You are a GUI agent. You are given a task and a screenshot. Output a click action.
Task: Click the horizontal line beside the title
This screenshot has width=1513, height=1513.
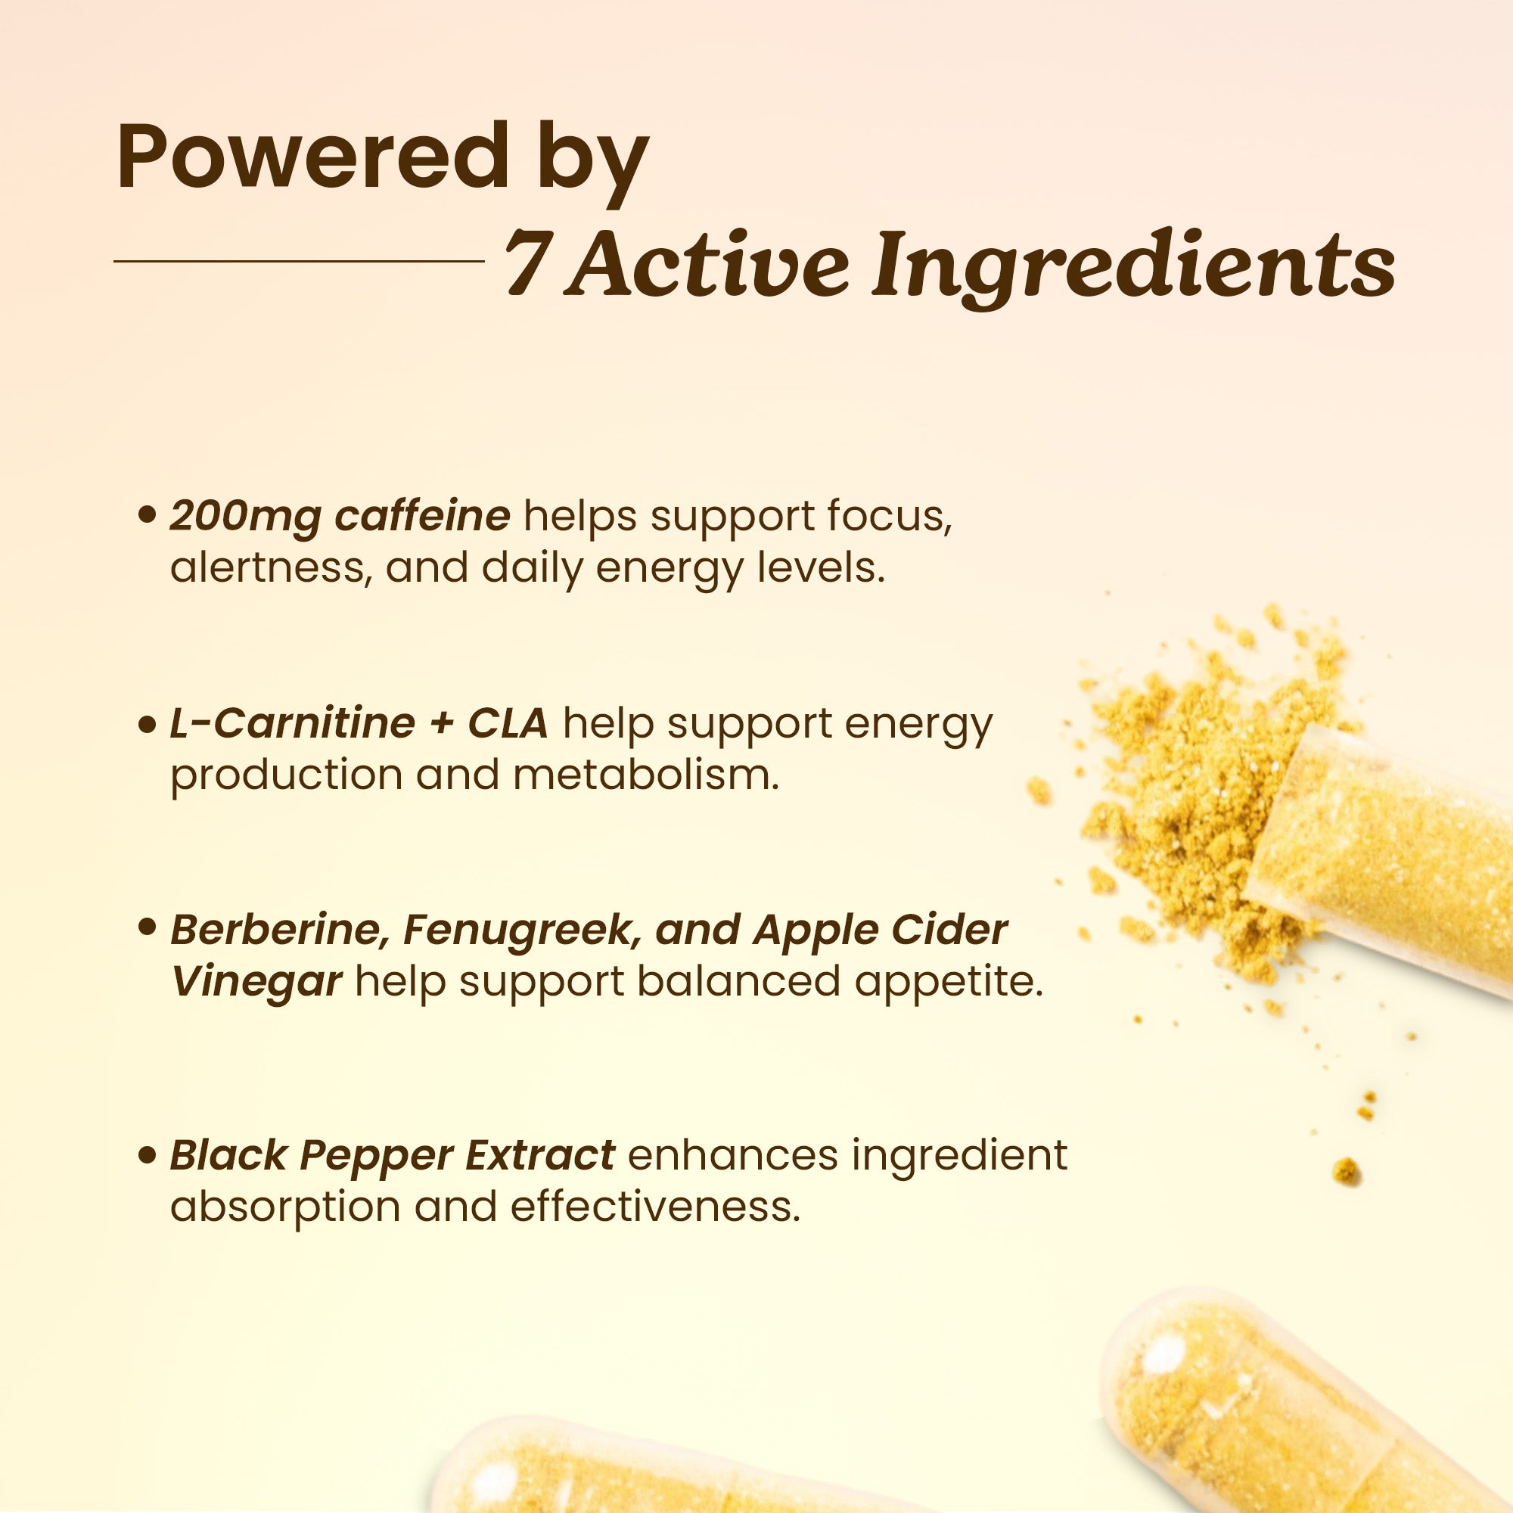pos(299,261)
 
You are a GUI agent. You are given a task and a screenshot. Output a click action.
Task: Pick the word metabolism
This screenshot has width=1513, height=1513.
pos(646,775)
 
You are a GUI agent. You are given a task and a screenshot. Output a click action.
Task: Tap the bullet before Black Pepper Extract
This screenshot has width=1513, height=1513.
pos(147,1156)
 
